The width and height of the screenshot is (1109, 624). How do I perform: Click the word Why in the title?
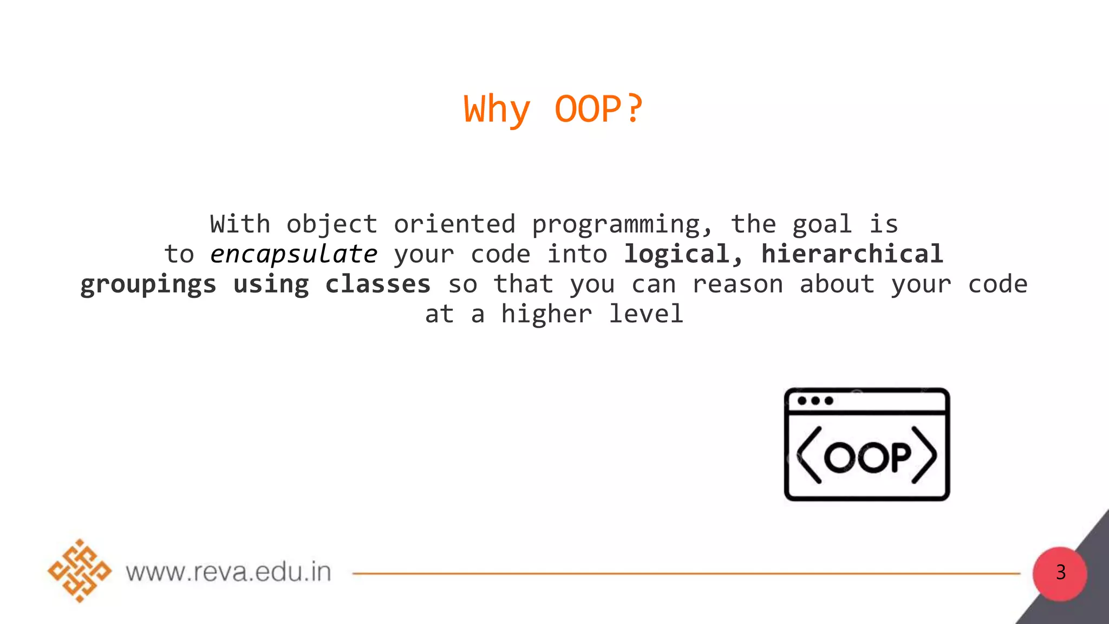point(497,109)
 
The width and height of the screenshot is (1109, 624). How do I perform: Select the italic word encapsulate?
point(293,255)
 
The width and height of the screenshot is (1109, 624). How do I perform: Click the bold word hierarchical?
point(852,254)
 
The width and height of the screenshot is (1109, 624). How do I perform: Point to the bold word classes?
point(377,284)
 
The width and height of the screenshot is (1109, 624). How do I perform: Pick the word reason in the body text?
point(738,284)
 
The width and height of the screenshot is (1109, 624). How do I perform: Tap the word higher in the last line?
point(546,315)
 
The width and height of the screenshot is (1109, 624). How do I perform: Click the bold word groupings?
point(148,285)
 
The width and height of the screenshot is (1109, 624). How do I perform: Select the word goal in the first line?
point(822,225)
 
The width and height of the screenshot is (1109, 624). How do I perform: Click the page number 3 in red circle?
point(1060,573)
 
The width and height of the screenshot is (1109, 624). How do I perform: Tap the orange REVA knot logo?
point(80,570)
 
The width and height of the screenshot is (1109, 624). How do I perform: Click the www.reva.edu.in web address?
point(229,572)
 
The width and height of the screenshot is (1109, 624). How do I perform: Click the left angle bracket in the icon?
point(810,455)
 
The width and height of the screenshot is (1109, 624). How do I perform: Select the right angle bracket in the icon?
point(924,455)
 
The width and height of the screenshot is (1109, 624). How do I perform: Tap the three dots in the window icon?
point(815,401)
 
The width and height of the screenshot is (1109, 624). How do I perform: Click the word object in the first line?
point(331,225)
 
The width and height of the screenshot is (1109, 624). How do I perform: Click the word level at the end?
point(646,314)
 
